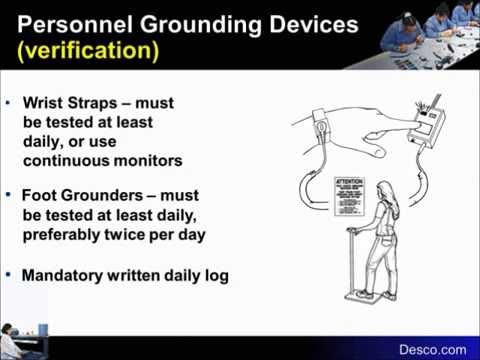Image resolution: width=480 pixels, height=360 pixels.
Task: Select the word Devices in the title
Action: pos(306,23)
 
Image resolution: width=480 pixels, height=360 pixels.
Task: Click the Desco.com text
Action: pos(433,349)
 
